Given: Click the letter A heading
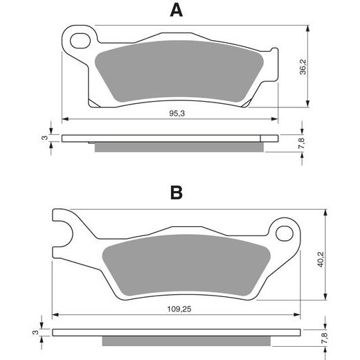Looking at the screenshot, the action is (177, 10).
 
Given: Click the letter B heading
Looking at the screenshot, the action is (177, 192).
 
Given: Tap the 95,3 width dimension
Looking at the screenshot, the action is (177, 114).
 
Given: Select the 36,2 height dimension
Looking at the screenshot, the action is (303, 67).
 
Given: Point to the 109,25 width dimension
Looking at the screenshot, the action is (179, 309).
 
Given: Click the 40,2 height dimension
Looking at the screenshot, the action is (321, 260).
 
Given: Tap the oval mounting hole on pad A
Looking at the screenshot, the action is (80, 41).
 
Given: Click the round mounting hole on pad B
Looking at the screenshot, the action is (285, 233).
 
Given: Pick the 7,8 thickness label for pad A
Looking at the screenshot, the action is (303, 143).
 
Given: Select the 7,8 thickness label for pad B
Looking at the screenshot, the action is (324, 338).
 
